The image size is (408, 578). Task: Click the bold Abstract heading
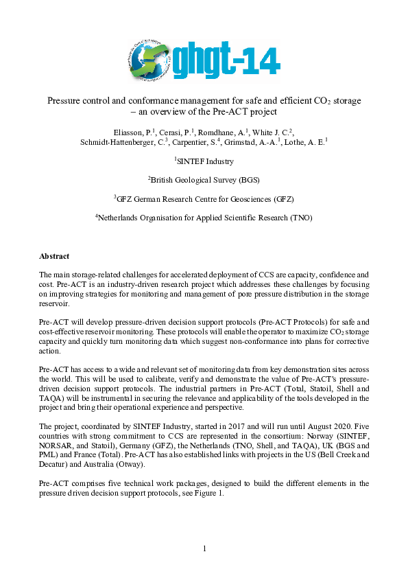pos(54,256)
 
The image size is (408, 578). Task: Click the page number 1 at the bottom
pos(204,548)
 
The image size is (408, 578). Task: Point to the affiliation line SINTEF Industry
pos(204,161)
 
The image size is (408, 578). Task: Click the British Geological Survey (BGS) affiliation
pos(204,180)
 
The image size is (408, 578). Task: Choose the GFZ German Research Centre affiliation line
pos(204,199)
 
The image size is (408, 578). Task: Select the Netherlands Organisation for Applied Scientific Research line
pos(204,218)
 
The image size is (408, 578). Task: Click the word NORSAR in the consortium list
pos(56,445)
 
